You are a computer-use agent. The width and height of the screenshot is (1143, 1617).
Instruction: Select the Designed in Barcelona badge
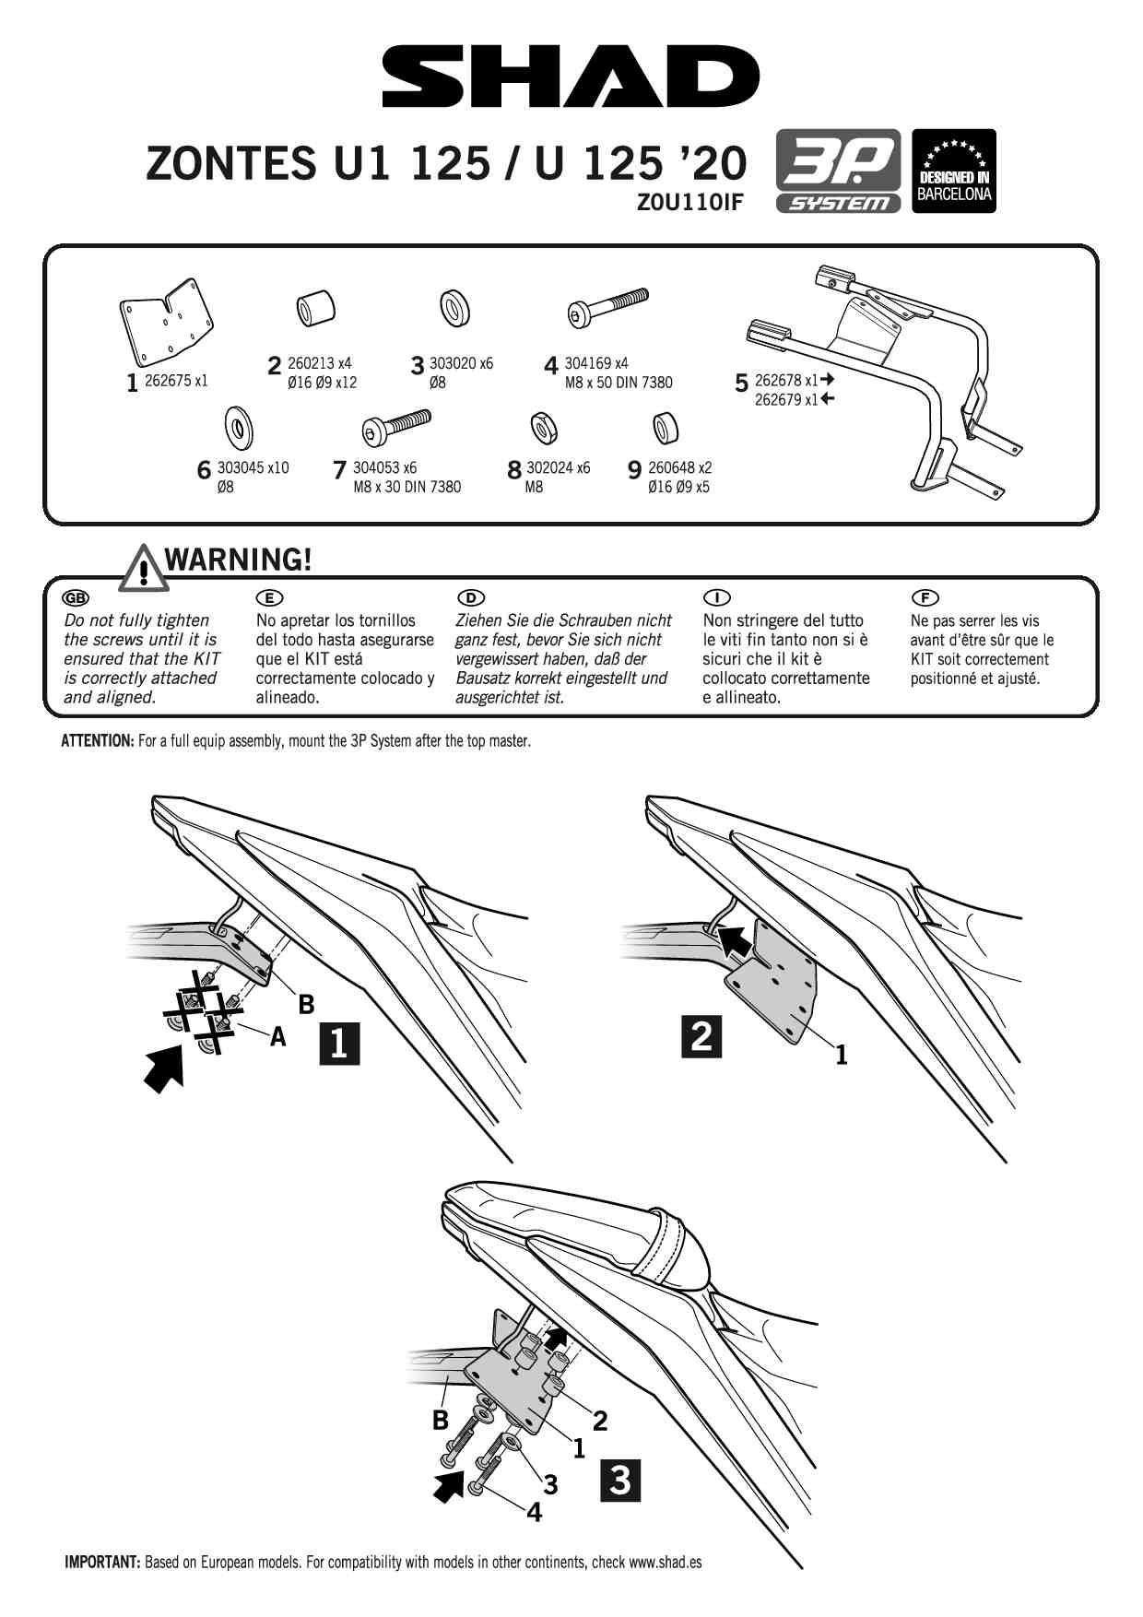coord(954,171)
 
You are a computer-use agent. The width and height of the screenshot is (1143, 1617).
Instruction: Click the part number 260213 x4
coord(319,363)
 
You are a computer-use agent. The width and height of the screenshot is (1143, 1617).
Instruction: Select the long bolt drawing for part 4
coord(607,307)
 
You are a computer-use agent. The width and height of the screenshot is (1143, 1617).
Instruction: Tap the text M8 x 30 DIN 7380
coord(407,487)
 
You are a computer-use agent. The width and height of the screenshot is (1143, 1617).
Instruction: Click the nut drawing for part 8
coord(543,428)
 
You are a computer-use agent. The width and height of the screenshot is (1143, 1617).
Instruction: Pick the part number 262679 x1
coord(786,400)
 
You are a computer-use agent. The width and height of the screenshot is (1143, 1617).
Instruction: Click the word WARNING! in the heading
coord(238,560)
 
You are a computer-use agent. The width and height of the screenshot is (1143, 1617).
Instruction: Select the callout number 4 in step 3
coord(534,1512)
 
